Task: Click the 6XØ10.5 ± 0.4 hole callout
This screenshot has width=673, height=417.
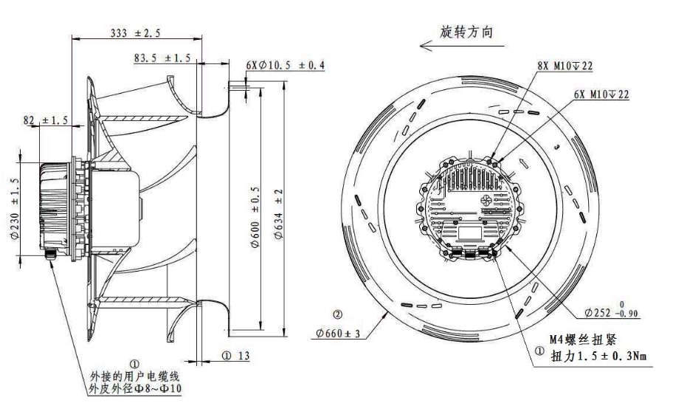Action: [286, 66]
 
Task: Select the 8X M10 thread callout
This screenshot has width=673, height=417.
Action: [565, 66]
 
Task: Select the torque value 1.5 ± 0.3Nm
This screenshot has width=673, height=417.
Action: [598, 356]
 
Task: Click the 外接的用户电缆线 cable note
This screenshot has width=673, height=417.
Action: [134, 376]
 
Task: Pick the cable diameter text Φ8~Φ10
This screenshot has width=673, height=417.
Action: [134, 389]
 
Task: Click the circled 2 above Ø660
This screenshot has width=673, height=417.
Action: [337, 315]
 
